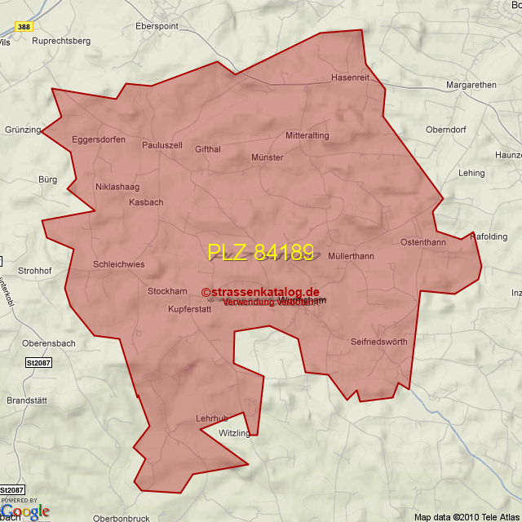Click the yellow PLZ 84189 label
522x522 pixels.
(x=260, y=252)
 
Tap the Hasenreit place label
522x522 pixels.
(x=351, y=77)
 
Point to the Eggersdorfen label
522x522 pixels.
(x=99, y=139)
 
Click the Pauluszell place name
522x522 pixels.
(x=162, y=145)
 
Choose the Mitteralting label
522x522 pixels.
(x=307, y=135)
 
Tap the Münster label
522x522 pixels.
(x=268, y=157)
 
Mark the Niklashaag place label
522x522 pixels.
(x=117, y=187)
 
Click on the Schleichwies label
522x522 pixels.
(x=119, y=264)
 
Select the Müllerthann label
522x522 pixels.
(x=351, y=256)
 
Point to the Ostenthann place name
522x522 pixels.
(x=423, y=242)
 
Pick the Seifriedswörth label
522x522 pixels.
(x=378, y=342)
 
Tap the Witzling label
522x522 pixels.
(x=235, y=433)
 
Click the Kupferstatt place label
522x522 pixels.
(x=189, y=309)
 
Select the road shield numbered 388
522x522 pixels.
(x=24, y=27)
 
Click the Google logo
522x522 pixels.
(x=24, y=511)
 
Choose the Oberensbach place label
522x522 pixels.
(x=49, y=343)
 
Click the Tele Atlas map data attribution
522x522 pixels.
(x=466, y=517)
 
